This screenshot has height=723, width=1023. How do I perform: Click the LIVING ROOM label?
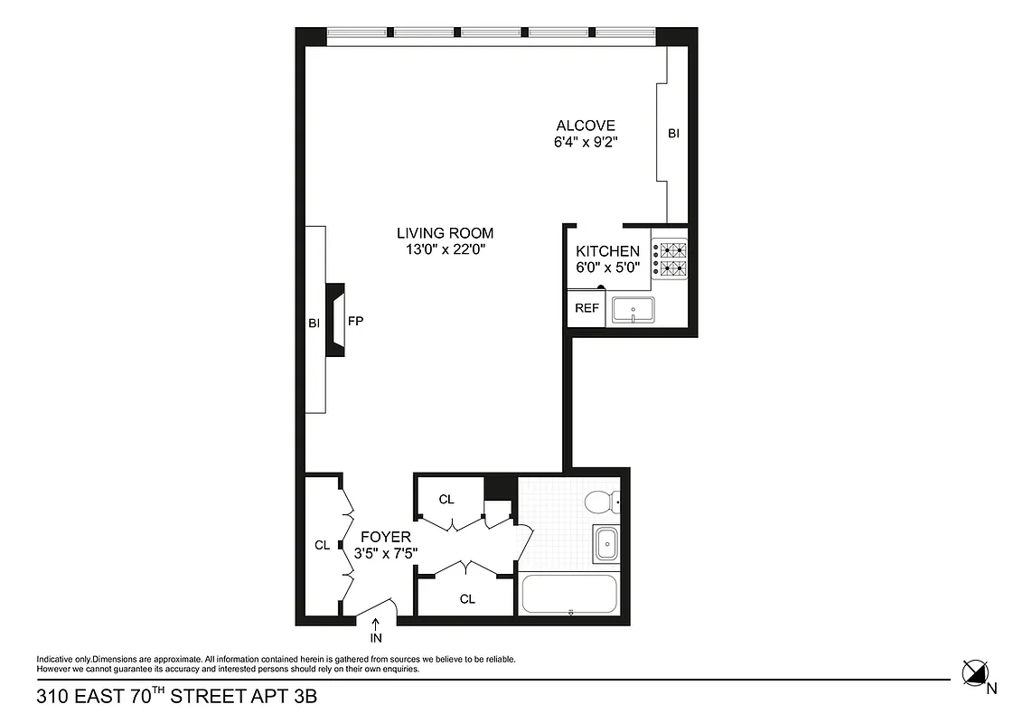pos(445,233)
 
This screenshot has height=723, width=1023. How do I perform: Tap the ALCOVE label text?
pos(586,126)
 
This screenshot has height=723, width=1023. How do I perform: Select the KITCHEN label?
pos(608,251)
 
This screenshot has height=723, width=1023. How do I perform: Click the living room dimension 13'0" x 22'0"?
pos(446,250)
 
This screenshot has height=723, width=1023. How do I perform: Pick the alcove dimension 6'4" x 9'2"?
pos(586,143)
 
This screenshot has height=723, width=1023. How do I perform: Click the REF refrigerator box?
pos(587,308)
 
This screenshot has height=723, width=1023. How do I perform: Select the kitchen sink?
pos(635,310)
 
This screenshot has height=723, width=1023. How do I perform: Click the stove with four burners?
pos(670,258)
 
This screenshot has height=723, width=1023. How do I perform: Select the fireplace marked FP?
pos(336,321)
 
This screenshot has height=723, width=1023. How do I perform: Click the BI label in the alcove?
pos(673,134)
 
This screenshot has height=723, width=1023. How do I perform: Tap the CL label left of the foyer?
pos(322,545)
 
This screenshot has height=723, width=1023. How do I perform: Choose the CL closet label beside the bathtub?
pos(467,598)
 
